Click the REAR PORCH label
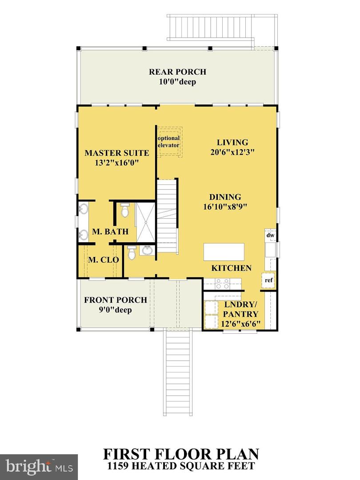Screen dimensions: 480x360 [x=177, y=72]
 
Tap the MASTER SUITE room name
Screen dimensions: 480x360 [x=116, y=153]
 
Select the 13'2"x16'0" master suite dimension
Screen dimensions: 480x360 [x=116, y=163]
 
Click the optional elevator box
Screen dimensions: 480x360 [x=169, y=142]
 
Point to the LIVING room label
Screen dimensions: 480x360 [x=232, y=143]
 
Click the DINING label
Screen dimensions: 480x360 [x=225, y=197]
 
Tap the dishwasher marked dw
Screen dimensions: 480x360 [x=270, y=235]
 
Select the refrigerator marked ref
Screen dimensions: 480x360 [x=268, y=280]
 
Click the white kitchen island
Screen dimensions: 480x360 [x=224, y=252]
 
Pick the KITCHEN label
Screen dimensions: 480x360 [x=231, y=268]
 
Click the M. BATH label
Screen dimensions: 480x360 [x=110, y=232]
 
